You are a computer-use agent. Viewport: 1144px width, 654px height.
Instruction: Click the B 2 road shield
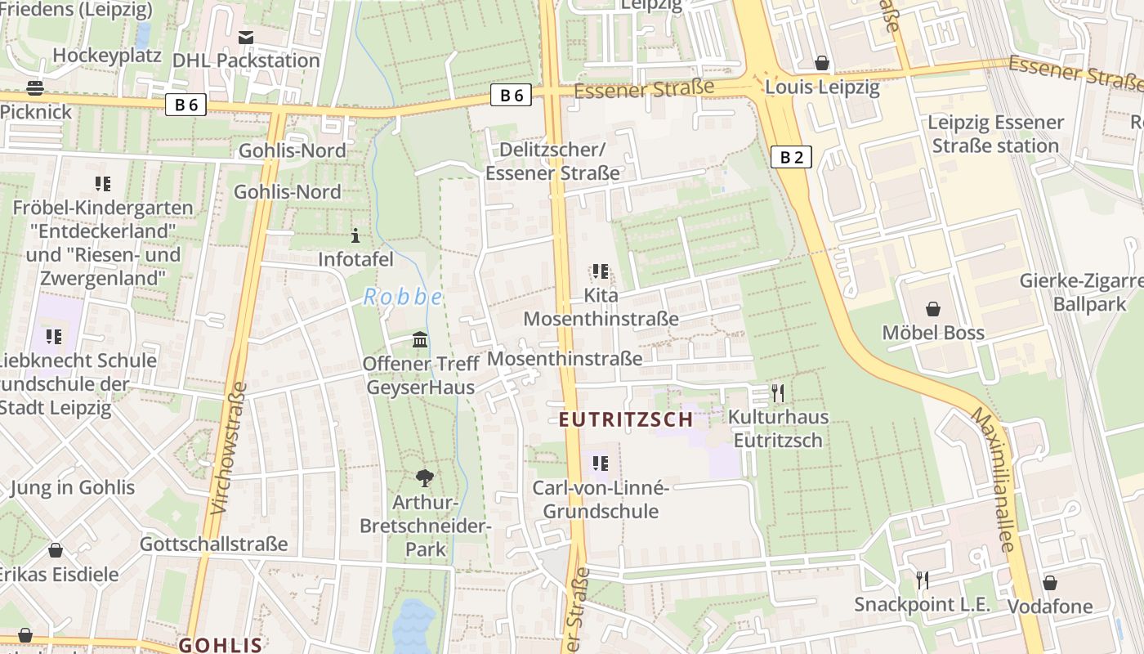pyautogui.click(x=791, y=157)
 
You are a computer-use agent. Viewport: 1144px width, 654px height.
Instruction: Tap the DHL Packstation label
pyautogui.click(x=246, y=60)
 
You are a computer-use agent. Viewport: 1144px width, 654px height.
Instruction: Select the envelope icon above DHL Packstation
pyautogui.click(x=246, y=37)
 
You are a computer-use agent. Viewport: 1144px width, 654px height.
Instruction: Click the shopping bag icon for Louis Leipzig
pyautogui.click(x=822, y=63)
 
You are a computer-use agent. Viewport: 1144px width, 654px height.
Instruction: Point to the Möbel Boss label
pyautogui.click(x=933, y=333)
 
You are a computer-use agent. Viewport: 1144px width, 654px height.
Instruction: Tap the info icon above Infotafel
pyautogui.click(x=355, y=236)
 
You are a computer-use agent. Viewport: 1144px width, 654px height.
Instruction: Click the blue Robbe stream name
pyautogui.click(x=403, y=297)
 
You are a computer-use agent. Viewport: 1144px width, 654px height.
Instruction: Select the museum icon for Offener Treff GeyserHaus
pyautogui.click(x=420, y=339)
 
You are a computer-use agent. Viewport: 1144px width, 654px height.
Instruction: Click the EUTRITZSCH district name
pyautogui.click(x=626, y=420)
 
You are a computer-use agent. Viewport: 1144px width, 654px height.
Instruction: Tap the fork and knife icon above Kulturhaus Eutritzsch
pyautogui.click(x=778, y=393)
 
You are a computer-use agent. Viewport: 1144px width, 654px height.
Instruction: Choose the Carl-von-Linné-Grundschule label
pyautogui.click(x=601, y=499)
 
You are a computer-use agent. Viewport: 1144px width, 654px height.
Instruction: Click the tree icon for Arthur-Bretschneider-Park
pyautogui.click(x=425, y=478)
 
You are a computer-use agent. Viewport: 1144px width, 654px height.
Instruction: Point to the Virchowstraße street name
pyautogui.click(x=228, y=448)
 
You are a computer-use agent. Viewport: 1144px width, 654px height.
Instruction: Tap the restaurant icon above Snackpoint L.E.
pyautogui.click(x=923, y=580)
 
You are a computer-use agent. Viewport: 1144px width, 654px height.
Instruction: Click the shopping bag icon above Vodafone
pyautogui.click(x=1050, y=583)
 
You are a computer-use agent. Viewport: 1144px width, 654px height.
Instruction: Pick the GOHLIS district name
pyautogui.click(x=221, y=645)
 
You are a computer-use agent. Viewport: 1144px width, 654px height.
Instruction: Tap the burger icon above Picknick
pyautogui.click(x=35, y=87)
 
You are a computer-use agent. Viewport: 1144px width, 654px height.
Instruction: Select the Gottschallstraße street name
pyautogui.click(x=214, y=544)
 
